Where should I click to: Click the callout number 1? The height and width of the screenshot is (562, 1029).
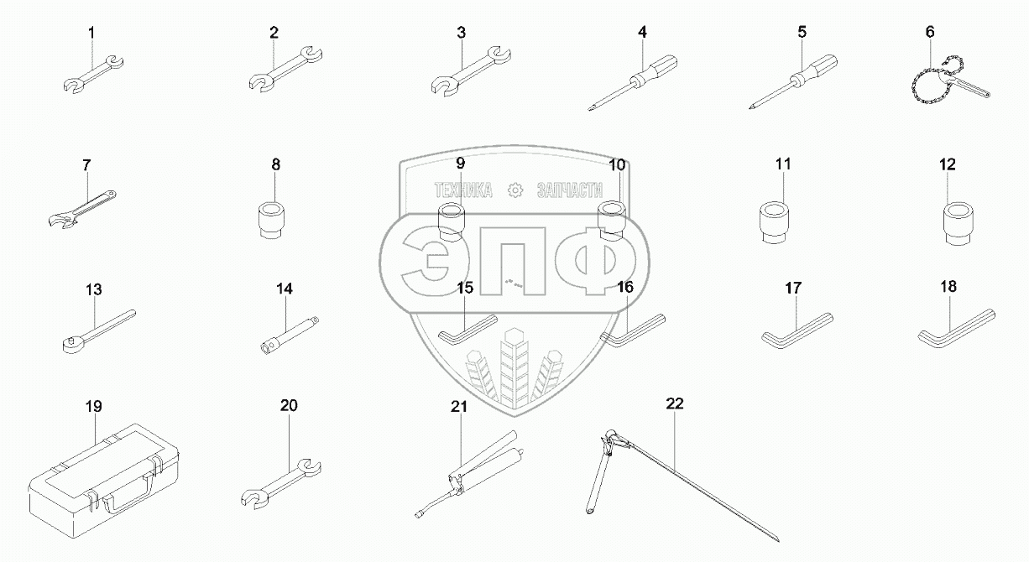pos(91,33)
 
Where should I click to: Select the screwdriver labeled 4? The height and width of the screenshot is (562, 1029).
pos(632,83)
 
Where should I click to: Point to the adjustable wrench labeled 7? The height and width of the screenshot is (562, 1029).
pos(81,209)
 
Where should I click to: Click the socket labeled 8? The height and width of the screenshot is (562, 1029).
pos(270,220)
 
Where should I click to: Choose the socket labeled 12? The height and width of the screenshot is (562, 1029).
pos(958,225)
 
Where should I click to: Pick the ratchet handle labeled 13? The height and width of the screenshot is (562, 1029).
pos(99,331)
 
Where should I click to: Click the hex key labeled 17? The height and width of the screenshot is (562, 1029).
pos(797,331)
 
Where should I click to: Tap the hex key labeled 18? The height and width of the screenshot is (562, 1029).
pos(956,329)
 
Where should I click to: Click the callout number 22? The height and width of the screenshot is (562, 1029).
pos(674,403)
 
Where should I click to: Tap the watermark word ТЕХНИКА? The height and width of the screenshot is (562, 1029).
pos(463,190)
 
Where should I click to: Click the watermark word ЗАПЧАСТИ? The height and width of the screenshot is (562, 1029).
pos(570,190)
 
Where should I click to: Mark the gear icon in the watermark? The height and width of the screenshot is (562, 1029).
pos(515,190)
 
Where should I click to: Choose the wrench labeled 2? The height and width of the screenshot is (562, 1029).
pos(285,69)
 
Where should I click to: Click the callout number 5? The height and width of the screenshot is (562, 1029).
pos(802,32)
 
